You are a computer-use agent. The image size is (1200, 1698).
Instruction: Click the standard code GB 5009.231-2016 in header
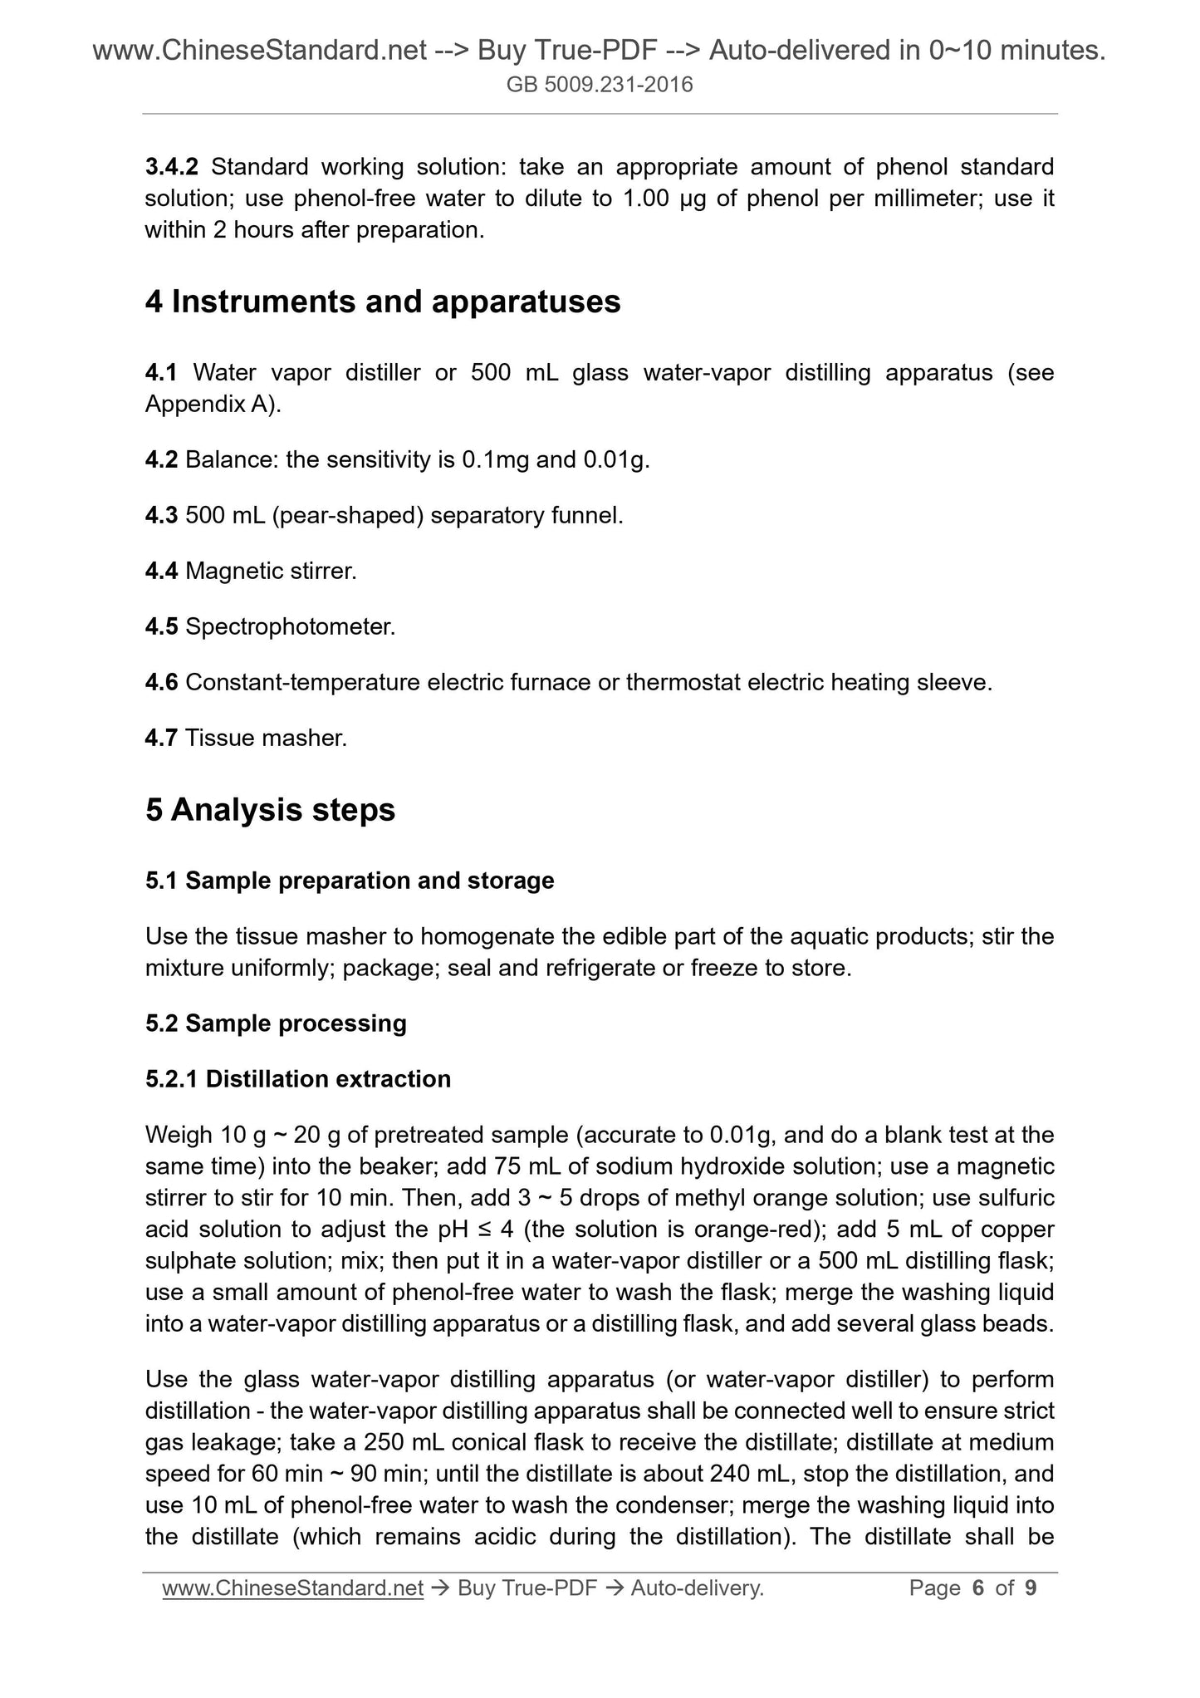pyautogui.click(x=600, y=85)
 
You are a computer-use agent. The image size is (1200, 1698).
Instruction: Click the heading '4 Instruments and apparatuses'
pyautogui.click(x=383, y=302)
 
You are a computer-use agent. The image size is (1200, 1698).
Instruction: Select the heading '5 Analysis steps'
pyautogui.click(x=270, y=810)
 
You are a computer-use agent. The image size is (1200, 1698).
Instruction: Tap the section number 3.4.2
pyautogui.click(x=171, y=167)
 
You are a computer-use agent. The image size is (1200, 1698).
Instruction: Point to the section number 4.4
pyautogui.click(x=161, y=572)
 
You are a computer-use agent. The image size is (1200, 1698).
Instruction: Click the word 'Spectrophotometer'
pyautogui.click(x=289, y=627)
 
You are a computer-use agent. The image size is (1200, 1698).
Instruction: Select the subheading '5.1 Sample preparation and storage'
pyautogui.click(x=350, y=881)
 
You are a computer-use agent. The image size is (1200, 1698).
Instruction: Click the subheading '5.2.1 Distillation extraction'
pyautogui.click(x=298, y=1079)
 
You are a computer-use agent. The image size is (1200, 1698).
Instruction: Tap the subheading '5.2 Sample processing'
pyautogui.click(x=276, y=1023)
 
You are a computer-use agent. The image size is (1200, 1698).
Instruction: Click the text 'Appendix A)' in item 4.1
pyautogui.click(x=213, y=405)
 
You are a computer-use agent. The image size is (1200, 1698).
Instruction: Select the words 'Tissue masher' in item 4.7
pyautogui.click(x=266, y=738)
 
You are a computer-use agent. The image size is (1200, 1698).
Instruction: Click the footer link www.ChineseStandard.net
pyautogui.click(x=293, y=1588)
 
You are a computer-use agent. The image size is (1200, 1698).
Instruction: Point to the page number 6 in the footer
pyautogui.click(x=977, y=1588)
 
